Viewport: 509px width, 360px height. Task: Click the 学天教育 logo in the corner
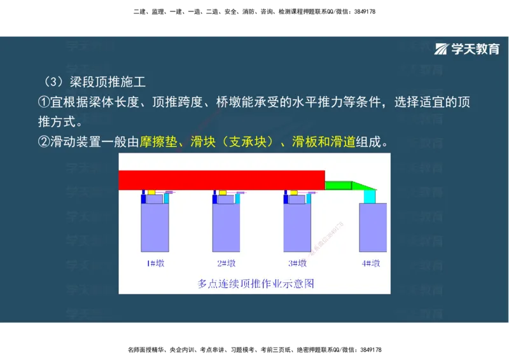467,50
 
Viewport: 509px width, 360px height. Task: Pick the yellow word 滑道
343,142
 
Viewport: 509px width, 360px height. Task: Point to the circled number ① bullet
44,102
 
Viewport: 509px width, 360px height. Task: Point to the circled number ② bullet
44,142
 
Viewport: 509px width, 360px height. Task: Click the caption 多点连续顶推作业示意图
256,283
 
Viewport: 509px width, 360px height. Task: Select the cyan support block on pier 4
370,196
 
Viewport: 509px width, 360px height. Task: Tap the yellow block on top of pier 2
223,192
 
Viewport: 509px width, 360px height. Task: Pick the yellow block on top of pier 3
294,192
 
